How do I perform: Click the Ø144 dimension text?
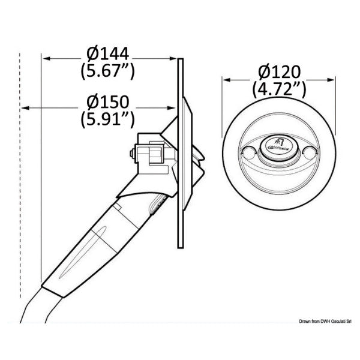107,55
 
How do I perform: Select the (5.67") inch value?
107,71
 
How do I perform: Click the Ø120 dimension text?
278,73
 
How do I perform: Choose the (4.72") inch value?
278,90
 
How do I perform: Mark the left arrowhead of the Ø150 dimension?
25,107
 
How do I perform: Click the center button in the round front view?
278,146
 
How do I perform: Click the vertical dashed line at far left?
21,180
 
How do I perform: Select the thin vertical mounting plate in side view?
180,228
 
